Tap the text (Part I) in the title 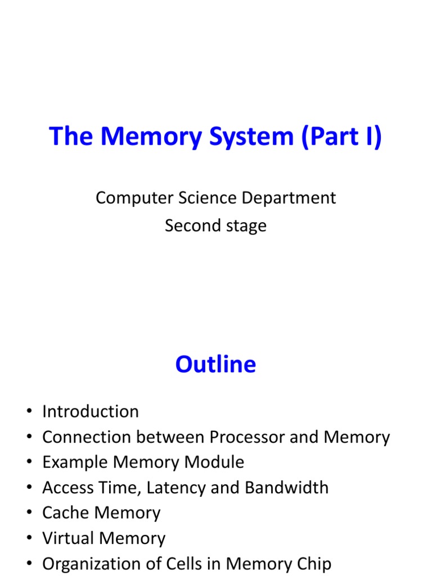click(x=342, y=137)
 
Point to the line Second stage click(x=215, y=226)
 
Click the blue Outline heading click(x=215, y=364)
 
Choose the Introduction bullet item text click(x=91, y=412)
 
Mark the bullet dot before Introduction click(x=29, y=412)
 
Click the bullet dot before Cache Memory click(x=29, y=514)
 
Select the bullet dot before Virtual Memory click(x=29, y=539)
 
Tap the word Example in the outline click(x=75, y=462)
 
